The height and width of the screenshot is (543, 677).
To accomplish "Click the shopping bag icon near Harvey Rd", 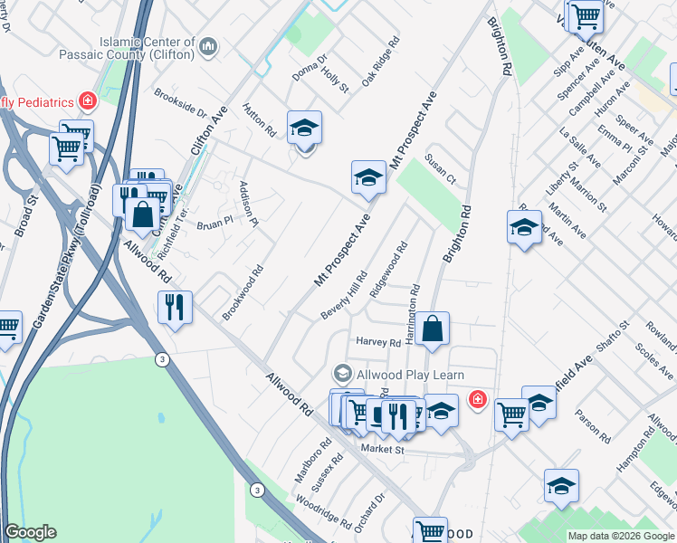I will coord(434,330).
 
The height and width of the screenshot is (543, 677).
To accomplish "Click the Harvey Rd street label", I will coord(378,342).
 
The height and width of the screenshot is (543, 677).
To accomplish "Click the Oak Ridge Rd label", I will coord(380,62).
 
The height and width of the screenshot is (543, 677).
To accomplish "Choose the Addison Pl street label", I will coord(248,203).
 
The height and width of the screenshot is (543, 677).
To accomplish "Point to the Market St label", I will coord(380,449).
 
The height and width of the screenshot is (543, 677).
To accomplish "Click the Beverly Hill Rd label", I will coord(344,295).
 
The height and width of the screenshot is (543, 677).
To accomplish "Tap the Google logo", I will coord(30,532).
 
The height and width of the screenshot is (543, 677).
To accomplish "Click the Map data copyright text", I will coord(620,536).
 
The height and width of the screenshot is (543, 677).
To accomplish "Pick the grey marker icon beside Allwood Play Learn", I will coord(342,374).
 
